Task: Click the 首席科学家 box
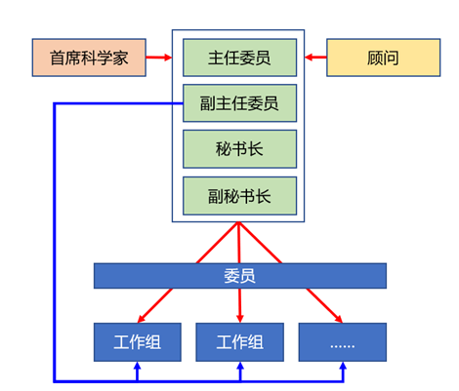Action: coord(89,58)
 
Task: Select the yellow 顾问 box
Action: coord(384,58)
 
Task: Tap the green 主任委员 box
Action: coord(239,58)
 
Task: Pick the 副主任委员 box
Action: coord(239,103)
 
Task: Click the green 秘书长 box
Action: coord(239,149)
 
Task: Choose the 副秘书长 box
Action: coord(239,196)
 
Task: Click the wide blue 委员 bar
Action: coord(240,276)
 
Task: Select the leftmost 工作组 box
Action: coord(138,342)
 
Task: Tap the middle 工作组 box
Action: coord(239,342)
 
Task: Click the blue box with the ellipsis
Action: coord(343,342)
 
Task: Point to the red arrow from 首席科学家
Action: coord(159,58)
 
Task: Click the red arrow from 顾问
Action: coord(315,58)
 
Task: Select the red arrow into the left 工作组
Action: coord(155,305)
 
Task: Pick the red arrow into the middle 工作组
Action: coord(240,305)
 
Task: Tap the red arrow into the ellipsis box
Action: coord(324,305)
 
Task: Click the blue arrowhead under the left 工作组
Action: coord(138,366)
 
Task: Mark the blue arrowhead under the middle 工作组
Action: coord(240,366)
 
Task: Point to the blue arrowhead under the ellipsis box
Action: coord(343,366)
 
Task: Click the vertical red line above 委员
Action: coord(238,243)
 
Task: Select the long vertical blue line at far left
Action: coord(55,242)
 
